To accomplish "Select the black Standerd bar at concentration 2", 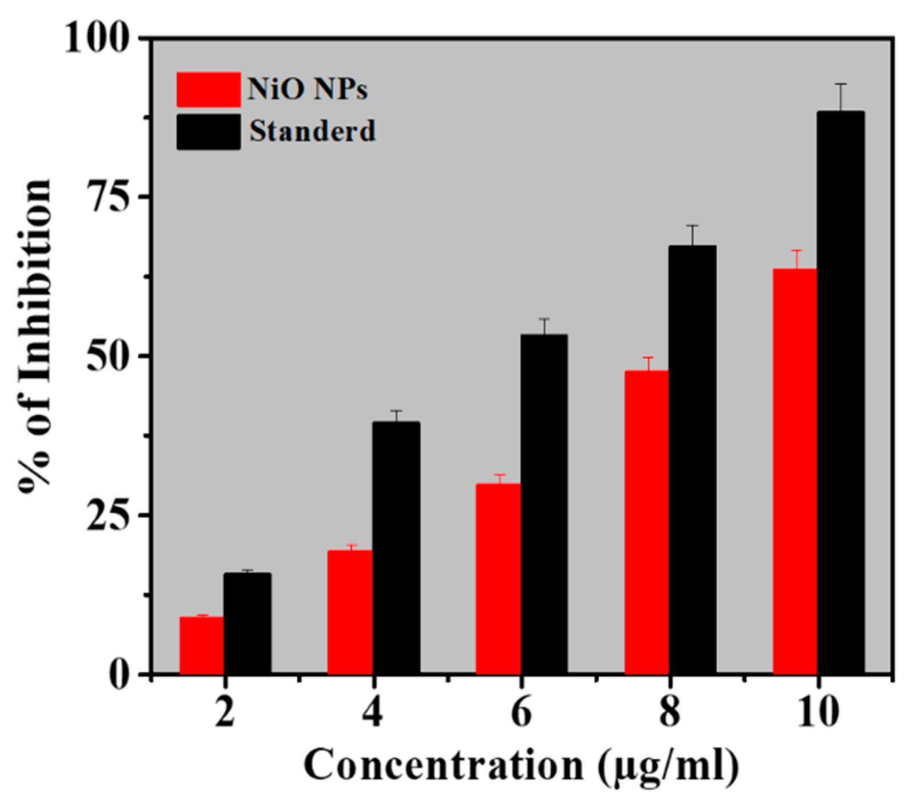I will (247, 623).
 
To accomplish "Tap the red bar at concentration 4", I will (349, 612).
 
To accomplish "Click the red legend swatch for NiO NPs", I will (208, 90).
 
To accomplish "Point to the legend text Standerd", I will (312, 131).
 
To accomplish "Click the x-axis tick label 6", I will (521, 712).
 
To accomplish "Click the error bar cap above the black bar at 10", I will (840, 84).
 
